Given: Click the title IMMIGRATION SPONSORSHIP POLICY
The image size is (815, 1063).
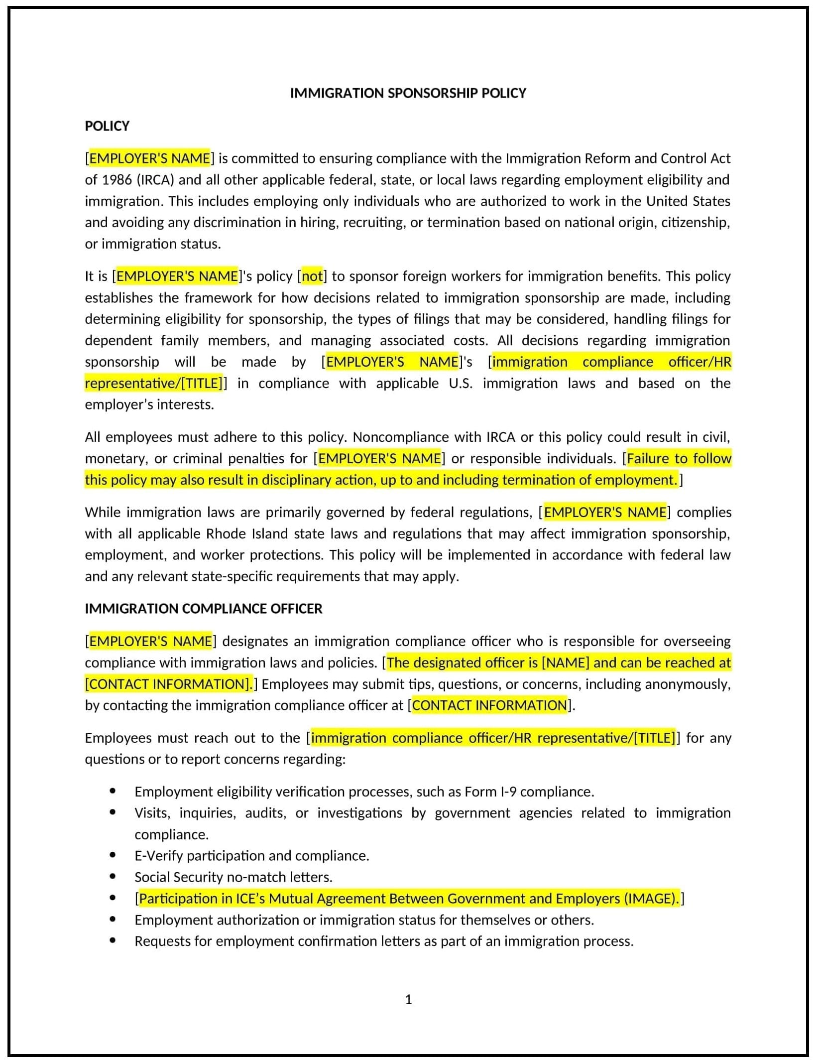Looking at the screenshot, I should click(x=408, y=93).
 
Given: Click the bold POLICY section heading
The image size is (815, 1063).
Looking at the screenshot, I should click(x=107, y=126).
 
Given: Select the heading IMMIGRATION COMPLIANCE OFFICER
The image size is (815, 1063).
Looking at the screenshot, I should click(x=203, y=609).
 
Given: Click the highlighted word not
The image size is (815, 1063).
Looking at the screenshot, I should click(x=312, y=276).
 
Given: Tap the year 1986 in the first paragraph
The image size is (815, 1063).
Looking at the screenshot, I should click(x=116, y=180).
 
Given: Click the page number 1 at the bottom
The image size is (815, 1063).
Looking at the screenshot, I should click(x=408, y=1000).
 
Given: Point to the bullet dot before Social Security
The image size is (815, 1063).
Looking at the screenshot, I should click(x=113, y=876).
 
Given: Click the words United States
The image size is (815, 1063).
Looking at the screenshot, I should click(x=688, y=201).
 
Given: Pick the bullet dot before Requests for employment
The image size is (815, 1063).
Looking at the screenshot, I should click(x=113, y=940).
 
